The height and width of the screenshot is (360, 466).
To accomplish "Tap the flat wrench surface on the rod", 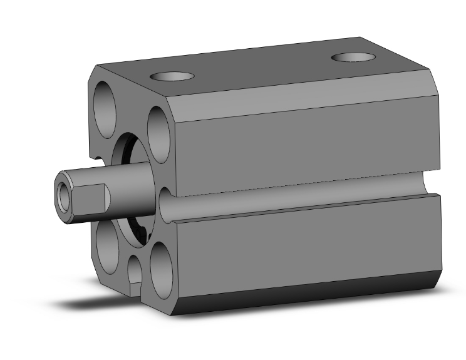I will pos(91,198).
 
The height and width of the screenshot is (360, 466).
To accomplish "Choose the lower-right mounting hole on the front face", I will pos(160,265).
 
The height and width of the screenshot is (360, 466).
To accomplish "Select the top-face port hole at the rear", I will pos(353,58).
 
